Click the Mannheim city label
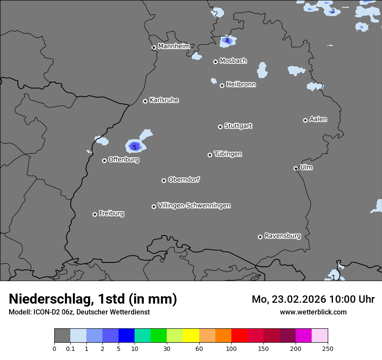click(x=174, y=46)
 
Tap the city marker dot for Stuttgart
click(x=220, y=127)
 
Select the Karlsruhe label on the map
click(x=164, y=100)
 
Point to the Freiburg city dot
click(x=95, y=214)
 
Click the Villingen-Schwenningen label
click(x=194, y=206)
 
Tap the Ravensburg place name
click(x=282, y=236)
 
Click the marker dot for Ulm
click(x=296, y=168)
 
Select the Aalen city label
click(x=318, y=119)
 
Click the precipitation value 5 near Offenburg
click(x=135, y=147)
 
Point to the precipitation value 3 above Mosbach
click(x=227, y=40)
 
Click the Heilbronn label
click(x=241, y=85)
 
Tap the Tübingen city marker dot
click(x=210, y=155)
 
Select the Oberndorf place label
click(x=184, y=180)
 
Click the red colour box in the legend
click(x=239, y=336)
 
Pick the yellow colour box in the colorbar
click(x=191, y=336)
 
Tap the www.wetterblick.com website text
click(x=313, y=312)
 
